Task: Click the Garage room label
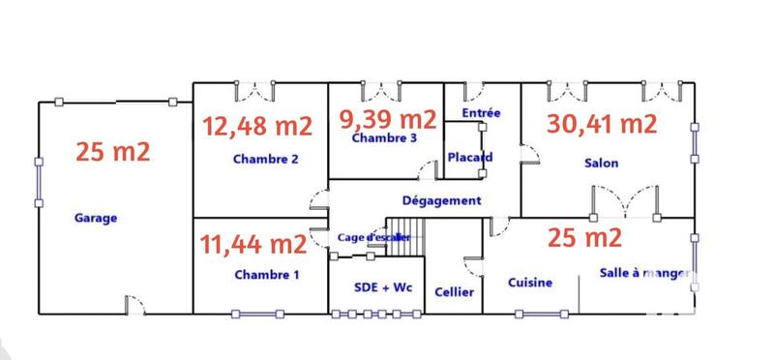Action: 96,218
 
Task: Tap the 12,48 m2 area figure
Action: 256,126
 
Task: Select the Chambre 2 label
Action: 265,160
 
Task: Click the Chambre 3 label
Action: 384,138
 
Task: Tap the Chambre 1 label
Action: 267,275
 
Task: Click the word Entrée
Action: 481,113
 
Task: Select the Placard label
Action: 469,157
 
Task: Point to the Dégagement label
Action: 441,200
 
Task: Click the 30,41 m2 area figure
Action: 602,124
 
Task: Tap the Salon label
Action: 601,164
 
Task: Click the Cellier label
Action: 454,292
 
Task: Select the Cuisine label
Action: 530,283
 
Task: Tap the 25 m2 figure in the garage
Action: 115,151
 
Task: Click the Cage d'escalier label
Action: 374,237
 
